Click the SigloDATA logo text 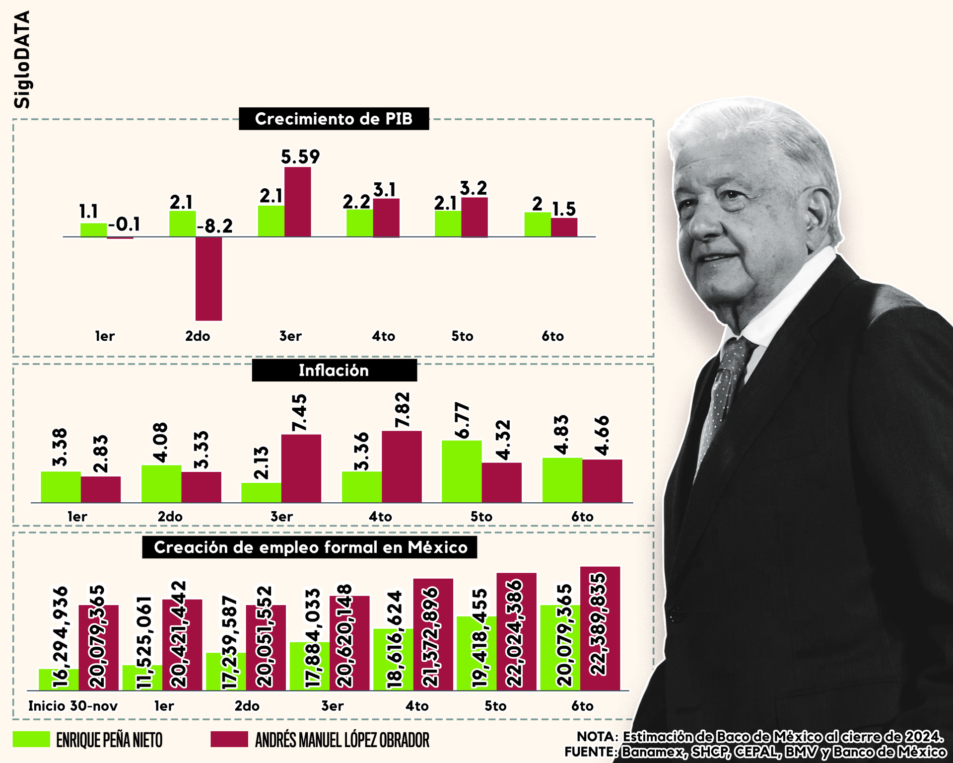click(x=22, y=60)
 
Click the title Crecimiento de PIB click(x=334, y=119)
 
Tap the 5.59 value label click(x=300, y=157)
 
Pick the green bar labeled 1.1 click(x=93, y=230)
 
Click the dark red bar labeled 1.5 click(x=564, y=227)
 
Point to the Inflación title click(x=334, y=371)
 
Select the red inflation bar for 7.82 click(x=402, y=466)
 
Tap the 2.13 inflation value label click(x=261, y=462)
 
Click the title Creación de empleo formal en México click(x=310, y=547)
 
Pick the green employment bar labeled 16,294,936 click(x=59, y=679)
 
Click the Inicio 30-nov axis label click(x=73, y=706)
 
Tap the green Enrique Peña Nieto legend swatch click(x=31, y=739)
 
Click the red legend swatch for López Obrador click(x=229, y=739)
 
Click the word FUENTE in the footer click(x=590, y=752)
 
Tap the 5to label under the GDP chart click(x=462, y=336)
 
